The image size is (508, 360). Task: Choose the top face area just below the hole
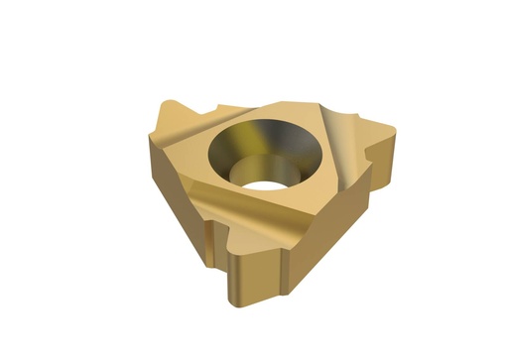[x=278, y=208]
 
